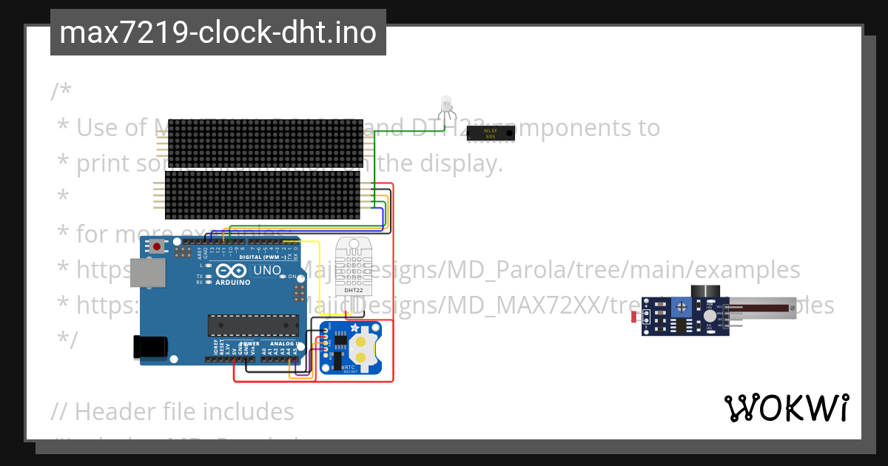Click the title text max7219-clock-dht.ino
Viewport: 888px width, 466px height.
[x=218, y=33]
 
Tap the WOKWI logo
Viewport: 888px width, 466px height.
[x=786, y=408]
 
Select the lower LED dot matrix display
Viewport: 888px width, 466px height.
[x=262, y=195]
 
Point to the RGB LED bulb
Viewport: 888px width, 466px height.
[x=445, y=104]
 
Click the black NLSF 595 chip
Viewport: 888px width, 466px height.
[x=490, y=132]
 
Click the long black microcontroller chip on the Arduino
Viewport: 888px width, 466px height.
[x=251, y=324]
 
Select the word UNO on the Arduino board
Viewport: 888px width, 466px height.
[x=267, y=270]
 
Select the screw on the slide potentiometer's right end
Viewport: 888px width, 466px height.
[x=793, y=305]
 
